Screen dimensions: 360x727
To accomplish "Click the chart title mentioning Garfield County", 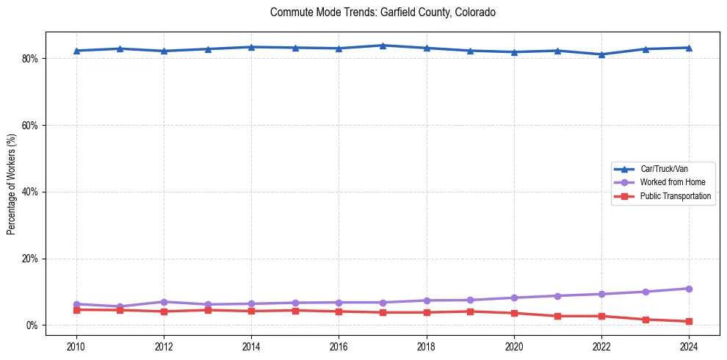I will (x=383, y=12).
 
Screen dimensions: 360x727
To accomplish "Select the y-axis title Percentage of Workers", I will (x=12, y=184).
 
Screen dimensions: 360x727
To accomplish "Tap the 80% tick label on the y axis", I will (x=29, y=59).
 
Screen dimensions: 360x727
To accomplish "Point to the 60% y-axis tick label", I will (x=29, y=126).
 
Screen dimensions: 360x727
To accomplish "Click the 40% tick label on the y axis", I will (x=29, y=192).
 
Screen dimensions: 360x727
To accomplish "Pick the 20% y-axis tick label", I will (x=29, y=259).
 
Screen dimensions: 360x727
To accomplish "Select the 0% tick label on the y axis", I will (x=32, y=325).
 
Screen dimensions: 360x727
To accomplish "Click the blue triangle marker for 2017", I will (x=383, y=46).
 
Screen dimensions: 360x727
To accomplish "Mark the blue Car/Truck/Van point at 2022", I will (x=601, y=54).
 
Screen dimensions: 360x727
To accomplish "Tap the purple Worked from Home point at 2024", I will (x=689, y=289).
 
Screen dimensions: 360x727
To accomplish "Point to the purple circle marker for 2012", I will (x=164, y=302).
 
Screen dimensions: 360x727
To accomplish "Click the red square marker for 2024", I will (x=689, y=322).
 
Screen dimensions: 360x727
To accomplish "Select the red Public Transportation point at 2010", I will (x=76, y=310).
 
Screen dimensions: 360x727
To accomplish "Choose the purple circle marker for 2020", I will (x=514, y=298).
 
